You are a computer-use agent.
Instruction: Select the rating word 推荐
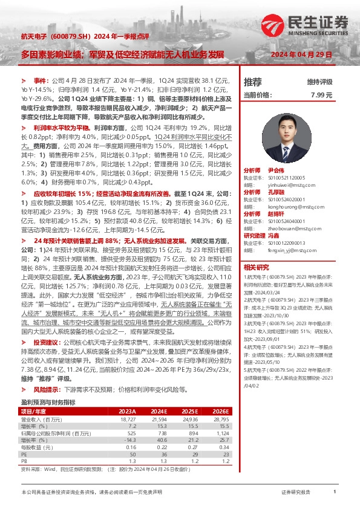(x=252, y=82)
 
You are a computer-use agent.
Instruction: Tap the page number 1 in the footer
(x=335, y=493)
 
